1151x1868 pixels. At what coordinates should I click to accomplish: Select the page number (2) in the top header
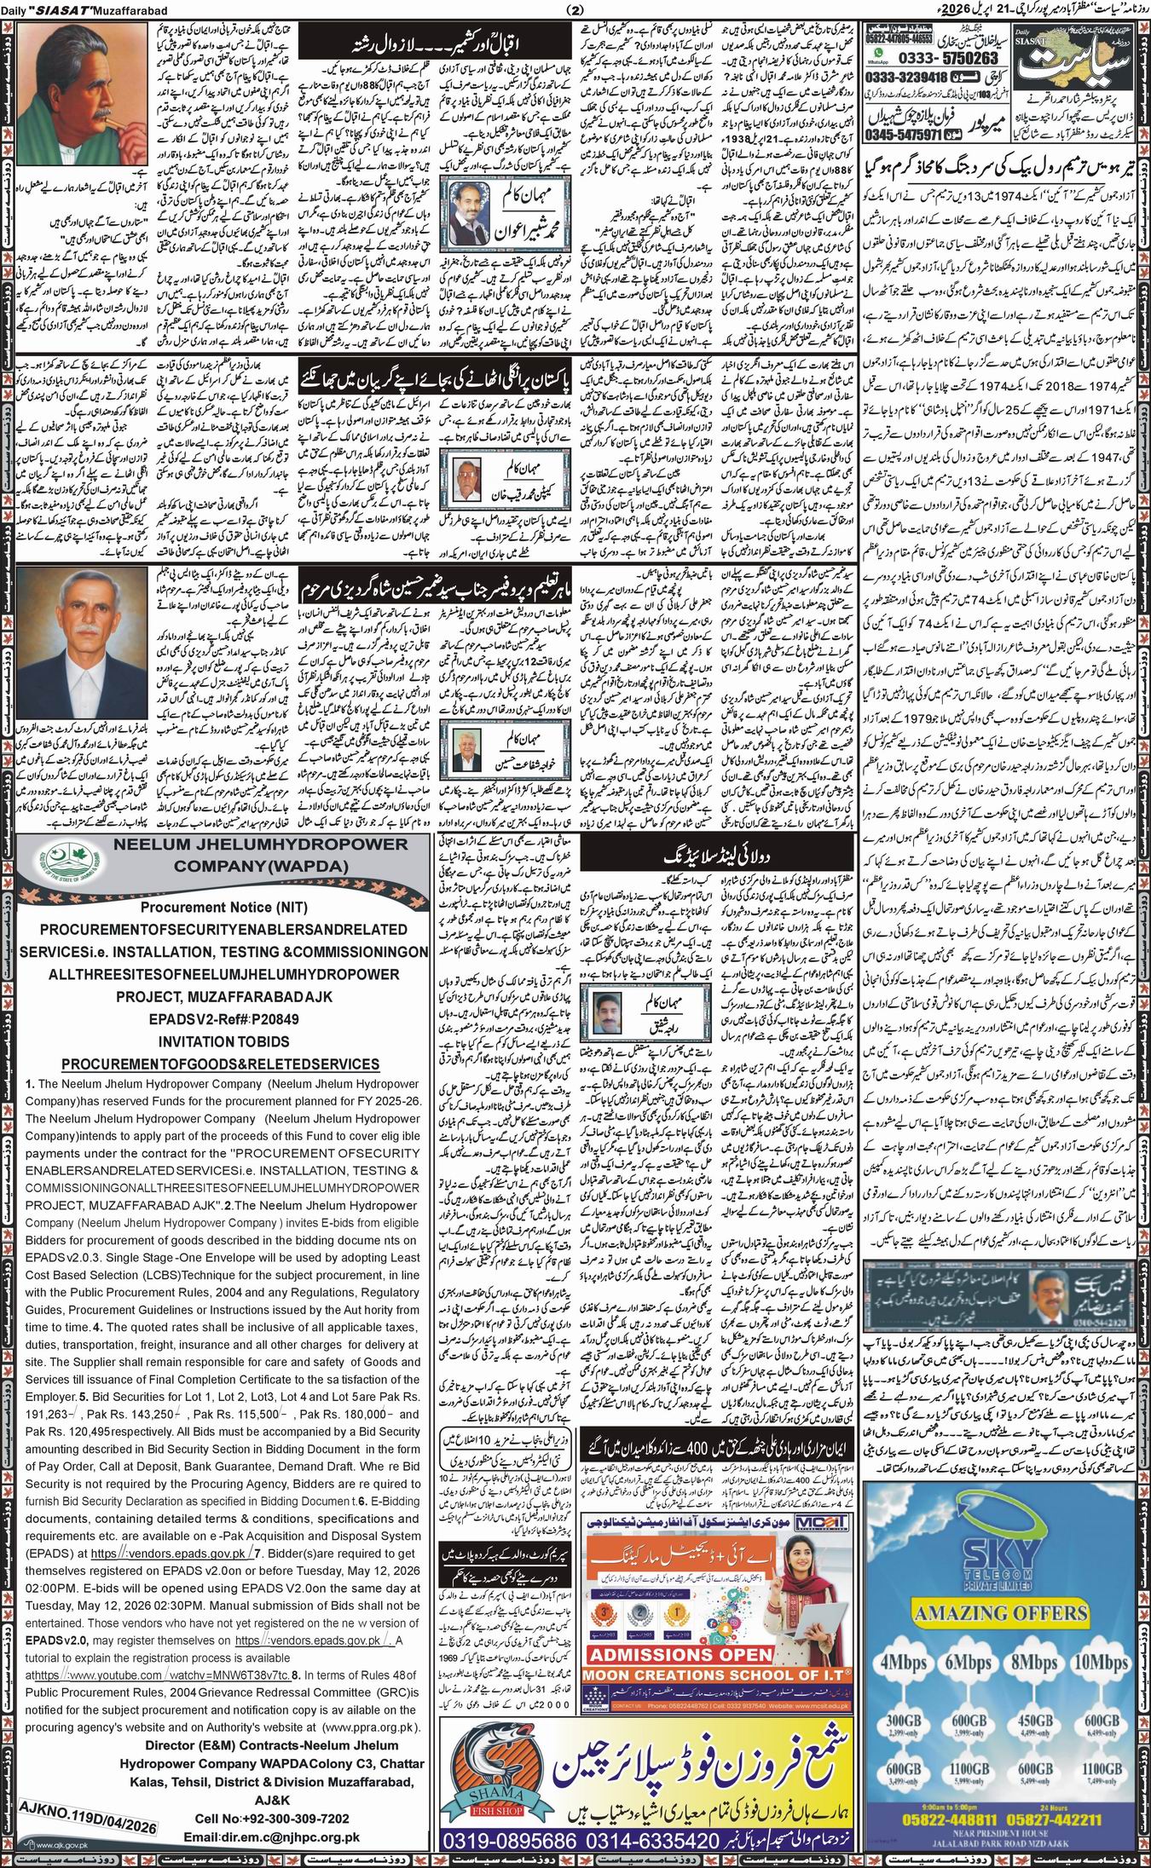tap(573, 9)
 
